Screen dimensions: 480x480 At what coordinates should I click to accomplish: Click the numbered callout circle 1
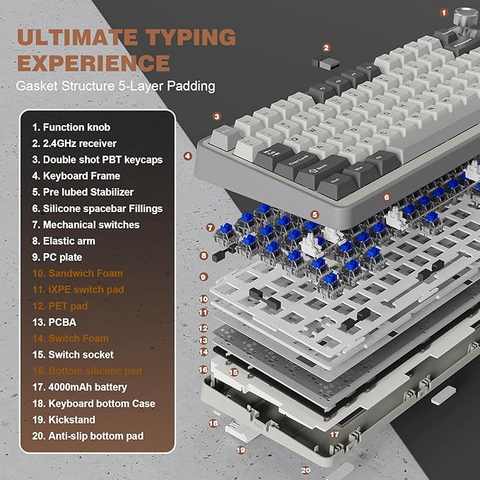click(x=443, y=12)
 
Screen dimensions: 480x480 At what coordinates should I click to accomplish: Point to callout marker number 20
click(x=305, y=469)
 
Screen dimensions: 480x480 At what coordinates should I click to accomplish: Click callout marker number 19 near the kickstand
click(x=240, y=449)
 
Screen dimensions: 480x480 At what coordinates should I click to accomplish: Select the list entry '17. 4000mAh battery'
click(x=79, y=387)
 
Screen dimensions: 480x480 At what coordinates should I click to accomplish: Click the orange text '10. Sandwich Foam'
click(x=77, y=273)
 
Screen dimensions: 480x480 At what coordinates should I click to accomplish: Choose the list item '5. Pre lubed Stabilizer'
click(x=82, y=192)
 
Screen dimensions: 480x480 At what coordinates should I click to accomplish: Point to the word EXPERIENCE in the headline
click(x=93, y=63)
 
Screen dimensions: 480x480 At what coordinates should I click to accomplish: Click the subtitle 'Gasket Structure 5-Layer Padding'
click(x=117, y=86)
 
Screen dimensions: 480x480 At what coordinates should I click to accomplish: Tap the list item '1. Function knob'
click(x=71, y=127)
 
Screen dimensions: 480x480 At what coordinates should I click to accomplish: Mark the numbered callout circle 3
click(x=217, y=117)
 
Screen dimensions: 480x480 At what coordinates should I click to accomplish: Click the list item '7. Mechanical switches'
click(x=86, y=224)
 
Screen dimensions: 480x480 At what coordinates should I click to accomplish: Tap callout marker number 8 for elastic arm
click(x=204, y=256)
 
